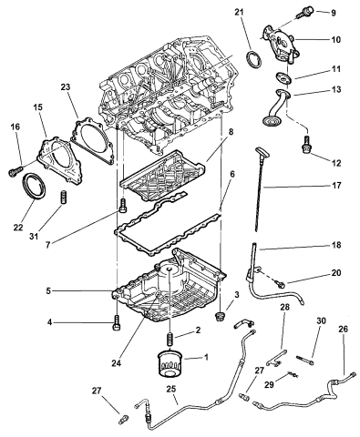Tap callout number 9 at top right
coord(333,13)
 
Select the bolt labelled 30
coord(311,368)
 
